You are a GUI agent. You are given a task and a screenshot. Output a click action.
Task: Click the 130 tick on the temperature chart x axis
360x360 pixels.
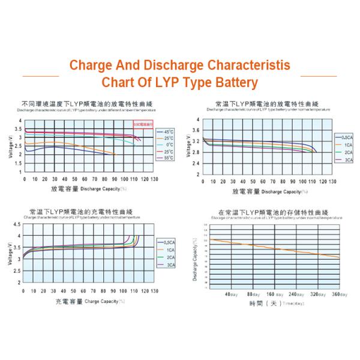(155, 179)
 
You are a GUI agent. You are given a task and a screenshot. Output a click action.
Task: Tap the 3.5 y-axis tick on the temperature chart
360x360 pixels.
(19, 129)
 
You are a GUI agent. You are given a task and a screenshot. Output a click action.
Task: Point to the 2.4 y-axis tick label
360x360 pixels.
(196, 162)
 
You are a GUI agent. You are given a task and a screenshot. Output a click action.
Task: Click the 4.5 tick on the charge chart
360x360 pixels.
(16, 225)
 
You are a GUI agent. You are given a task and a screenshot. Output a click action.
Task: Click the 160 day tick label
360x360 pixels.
(275, 295)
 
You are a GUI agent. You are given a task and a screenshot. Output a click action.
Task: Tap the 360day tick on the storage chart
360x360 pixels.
(340, 295)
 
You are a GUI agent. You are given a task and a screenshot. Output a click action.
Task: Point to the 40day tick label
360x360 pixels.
(232, 295)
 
